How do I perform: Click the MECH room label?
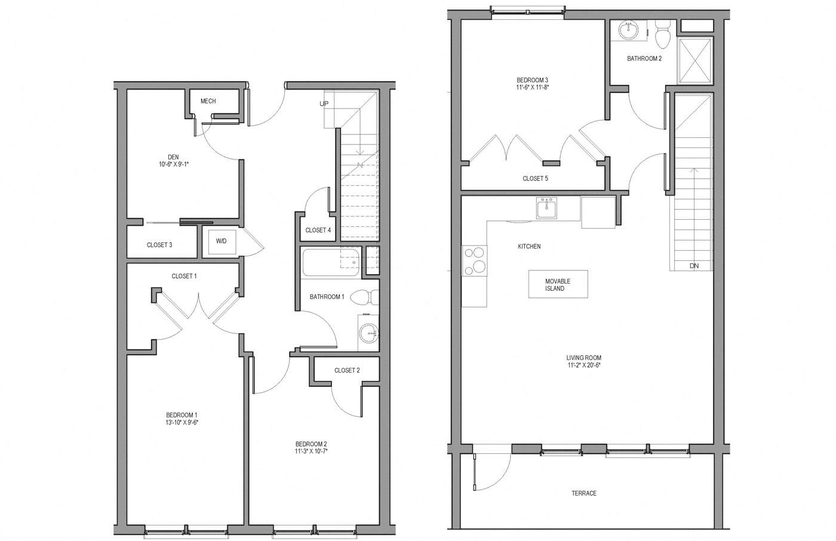pyautogui.click(x=208, y=102)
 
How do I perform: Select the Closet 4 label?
pyautogui.click(x=318, y=230)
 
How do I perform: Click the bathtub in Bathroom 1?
pyautogui.click(x=330, y=263)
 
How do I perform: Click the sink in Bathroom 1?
pyautogui.click(x=368, y=333)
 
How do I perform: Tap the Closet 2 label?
pyautogui.click(x=347, y=371)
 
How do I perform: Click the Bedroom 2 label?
pyautogui.click(x=311, y=444)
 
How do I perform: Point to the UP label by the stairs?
pyautogui.click(x=324, y=104)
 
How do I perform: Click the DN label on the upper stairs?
pyautogui.click(x=694, y=266)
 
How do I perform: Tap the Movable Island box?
pyautogui.click(x=558, y=285)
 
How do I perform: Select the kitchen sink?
pyautogui.click(x=547, y=209)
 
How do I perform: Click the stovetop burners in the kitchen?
pyautogui.click(x=475, y=261)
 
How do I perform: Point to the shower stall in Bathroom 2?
pyautogui.click(x=695, y=61)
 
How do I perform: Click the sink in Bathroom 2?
pyautogui.click(x=628, y=29)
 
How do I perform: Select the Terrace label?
pyautogui.click(x=583, y=493)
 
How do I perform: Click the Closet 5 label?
pyautogui.click(x=535, y=179)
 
